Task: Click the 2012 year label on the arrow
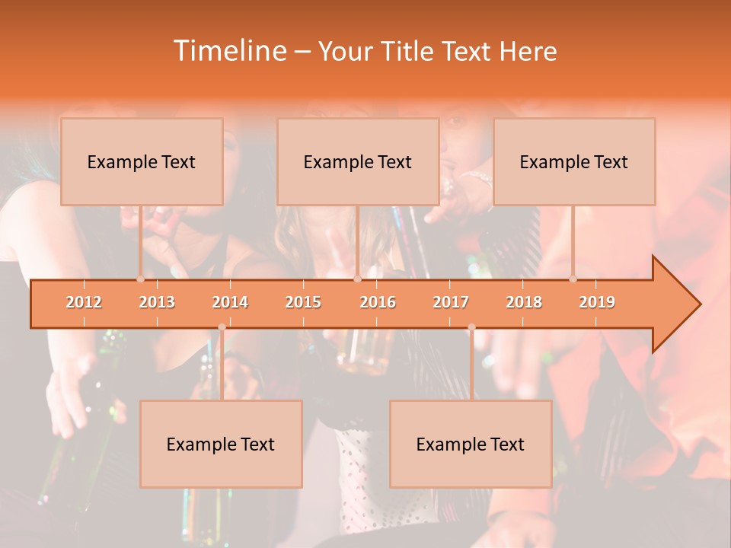click(x=84, y=302)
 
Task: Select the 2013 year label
click(x=157, y=302)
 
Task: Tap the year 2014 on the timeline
click(x=230, y=302)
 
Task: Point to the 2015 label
click(x=303, y=302)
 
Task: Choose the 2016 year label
click(x=378, y=302)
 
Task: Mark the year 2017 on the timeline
click(x=451, y=302)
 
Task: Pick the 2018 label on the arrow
click(x=524, y=302)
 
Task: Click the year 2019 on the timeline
click(x=597, y=302)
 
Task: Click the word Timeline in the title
click(x=228, y=51)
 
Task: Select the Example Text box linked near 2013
click(x=142, y=161)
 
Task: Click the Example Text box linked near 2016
click(x=358, y=161)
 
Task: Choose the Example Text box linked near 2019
click(x=574, y=161)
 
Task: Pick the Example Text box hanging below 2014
click(x=221, y=444)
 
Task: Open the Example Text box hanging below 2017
click(x=471, y=444)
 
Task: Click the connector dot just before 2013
click(x=140, y=279)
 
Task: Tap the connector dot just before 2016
click(x=357, y=279)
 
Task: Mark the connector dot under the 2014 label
click(x=222, y=327)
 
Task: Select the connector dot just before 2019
click(x=573, y=279)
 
